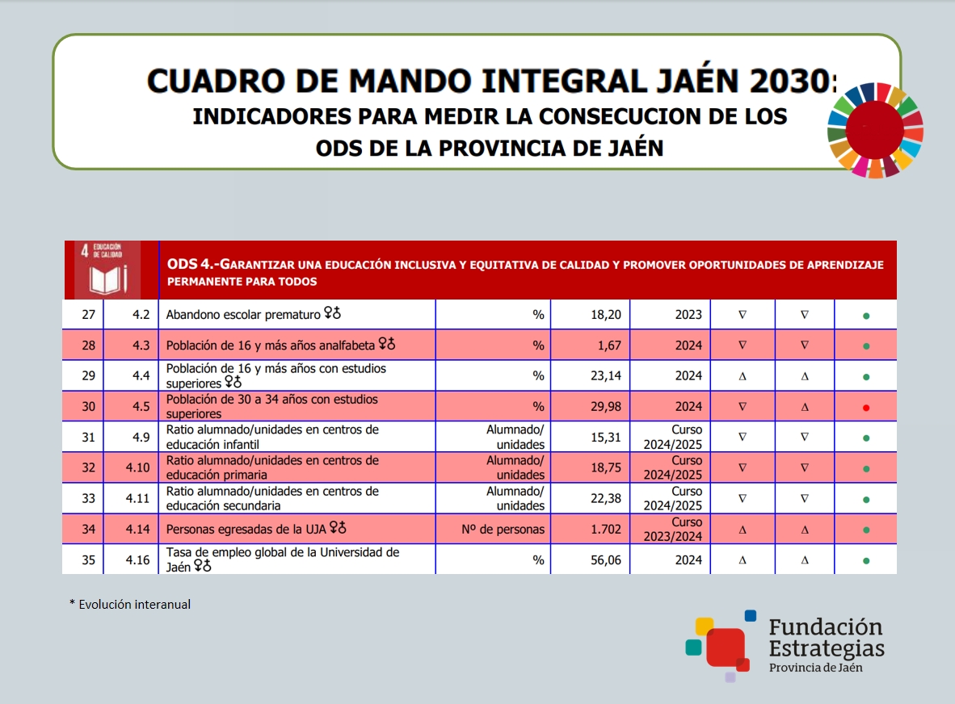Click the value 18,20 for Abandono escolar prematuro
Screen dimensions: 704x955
606,315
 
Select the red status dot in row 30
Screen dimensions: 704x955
865,408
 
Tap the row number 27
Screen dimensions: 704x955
89,315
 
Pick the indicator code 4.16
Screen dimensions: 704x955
138,560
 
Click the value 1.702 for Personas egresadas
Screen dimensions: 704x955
606,530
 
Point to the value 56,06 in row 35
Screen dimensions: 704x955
606,560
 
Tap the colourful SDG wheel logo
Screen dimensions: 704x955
875,129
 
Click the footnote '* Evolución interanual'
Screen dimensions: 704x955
130,604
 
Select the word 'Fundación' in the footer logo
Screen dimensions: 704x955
826,627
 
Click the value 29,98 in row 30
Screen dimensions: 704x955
606,407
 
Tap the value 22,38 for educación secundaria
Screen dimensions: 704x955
606,499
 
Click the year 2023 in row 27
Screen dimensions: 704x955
688,315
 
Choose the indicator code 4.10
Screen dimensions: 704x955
138,468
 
